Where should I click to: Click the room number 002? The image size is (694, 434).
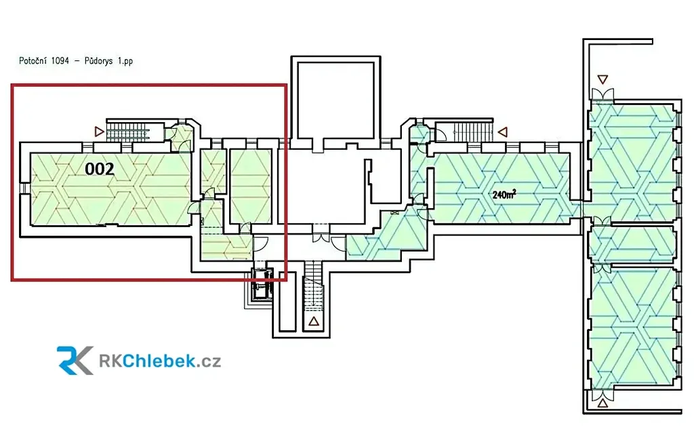(x=99, y=169)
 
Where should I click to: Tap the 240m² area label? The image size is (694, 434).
(x=504, y=195)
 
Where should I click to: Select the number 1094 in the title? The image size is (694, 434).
(x=63, y=61)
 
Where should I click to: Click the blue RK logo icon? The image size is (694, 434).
(x=75, y=360)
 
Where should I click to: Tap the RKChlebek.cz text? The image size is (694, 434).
(x=160, y=361)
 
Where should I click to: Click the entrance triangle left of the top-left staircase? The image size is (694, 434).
(x=100, y=131)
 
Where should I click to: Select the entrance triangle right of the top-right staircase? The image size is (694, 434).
(x=502, y=132)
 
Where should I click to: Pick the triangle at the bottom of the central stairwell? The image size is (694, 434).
(x=314, y=322)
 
